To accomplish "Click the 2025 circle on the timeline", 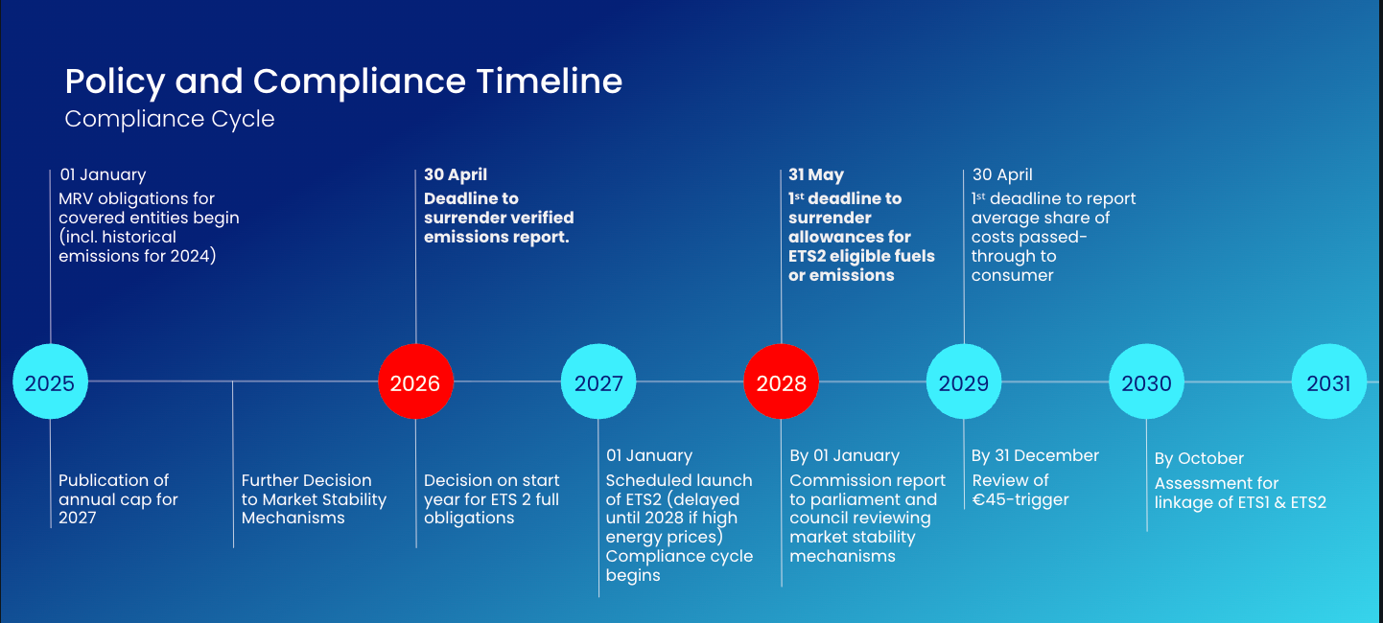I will click(x=50, y=382).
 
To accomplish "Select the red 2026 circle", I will click(x=415, y=382).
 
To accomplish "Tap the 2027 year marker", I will click(x=598, y=382).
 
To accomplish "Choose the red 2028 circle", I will click(x=782, y=382).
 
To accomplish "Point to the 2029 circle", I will click(x=964, y=382).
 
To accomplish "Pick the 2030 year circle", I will click(x=1147, y=382).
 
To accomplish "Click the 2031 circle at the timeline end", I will click(x=1328, y=382).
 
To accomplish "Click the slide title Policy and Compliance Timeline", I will click(x=343, y=81).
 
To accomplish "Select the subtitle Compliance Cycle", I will click(x=170, y=120).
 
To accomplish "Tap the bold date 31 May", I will click(x=816, y=174).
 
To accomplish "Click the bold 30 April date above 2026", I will click(x=456, y=174).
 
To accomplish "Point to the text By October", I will click(x=1199, y=458).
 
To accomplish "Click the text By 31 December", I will click(x=1036, y=455).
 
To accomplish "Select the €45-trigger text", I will click(x=1020, y=499).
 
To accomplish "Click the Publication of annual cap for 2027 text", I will click(x=118, y=498).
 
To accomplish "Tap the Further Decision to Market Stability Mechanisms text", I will click(x=314, y=498).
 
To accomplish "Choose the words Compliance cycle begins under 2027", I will click(x=679, y=565).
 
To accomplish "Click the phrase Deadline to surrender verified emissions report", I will click(x=499, y=218).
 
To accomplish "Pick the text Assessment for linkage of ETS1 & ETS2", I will click(x=1240, y=493).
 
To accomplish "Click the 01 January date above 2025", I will click(x=104, y=174).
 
